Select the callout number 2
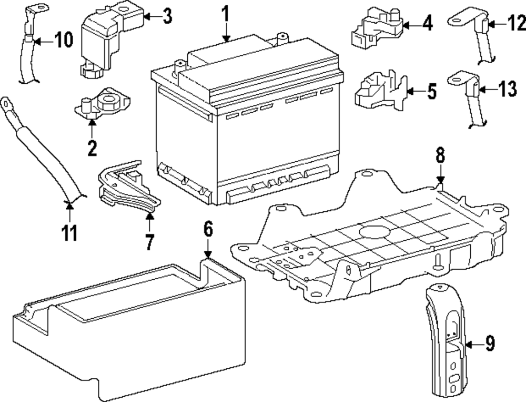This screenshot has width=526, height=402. coord(92,149)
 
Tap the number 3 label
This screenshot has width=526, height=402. coord(167,16)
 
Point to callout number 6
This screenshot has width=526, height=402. coord(208,229)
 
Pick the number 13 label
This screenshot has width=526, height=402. coord(508,89)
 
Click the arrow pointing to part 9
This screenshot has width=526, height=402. coord(473,345)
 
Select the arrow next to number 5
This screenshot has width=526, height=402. coord(414,91)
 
